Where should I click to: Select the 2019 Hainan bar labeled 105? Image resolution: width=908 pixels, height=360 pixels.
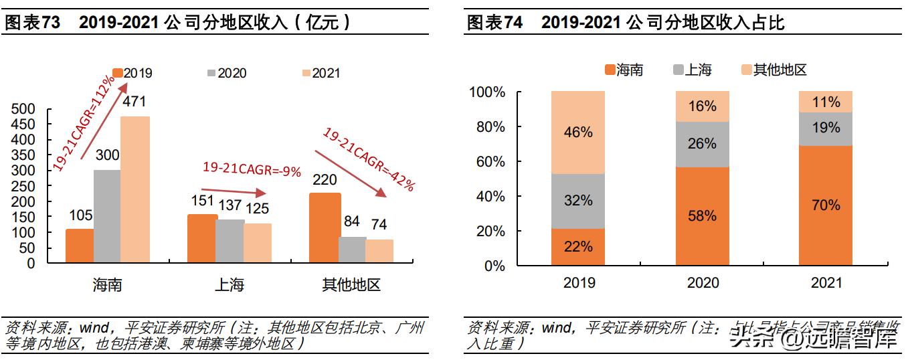79,246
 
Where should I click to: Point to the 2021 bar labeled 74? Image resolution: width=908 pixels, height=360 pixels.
379,251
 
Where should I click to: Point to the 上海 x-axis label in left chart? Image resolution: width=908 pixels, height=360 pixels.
229,285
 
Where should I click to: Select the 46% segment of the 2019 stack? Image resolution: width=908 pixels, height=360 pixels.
578,132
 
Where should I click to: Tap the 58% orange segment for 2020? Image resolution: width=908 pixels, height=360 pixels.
702,216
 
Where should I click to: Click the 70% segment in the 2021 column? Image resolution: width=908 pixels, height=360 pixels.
826,205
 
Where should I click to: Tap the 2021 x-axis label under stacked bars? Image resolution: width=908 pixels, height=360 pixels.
826,283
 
